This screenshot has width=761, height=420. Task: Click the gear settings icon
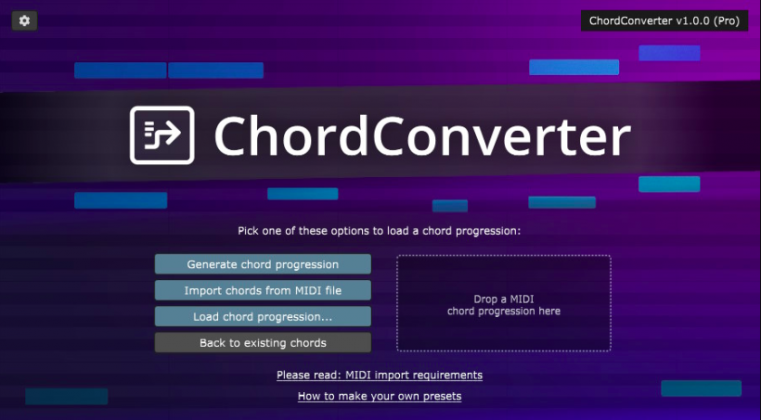pos(24,20)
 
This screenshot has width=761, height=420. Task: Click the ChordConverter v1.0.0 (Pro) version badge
pos(664,20)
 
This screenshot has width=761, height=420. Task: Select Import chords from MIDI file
pos(263,290)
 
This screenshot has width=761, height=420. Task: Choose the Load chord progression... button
pos(263,317)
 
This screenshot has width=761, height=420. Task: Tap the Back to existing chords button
pos(263,343)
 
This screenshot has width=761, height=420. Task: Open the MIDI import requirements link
pos(380,375)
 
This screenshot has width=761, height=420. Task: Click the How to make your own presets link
pos(380,396)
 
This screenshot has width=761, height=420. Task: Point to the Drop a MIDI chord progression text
pos(504,305)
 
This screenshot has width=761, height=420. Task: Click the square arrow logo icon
pos(162,135)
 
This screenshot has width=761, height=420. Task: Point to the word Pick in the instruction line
pos(248,231)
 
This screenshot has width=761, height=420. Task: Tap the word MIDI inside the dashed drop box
pos(522,299)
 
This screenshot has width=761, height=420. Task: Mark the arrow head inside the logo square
pos(174,133)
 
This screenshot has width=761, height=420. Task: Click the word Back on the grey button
pos(213,343)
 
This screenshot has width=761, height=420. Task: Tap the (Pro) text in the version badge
pos(727,20)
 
